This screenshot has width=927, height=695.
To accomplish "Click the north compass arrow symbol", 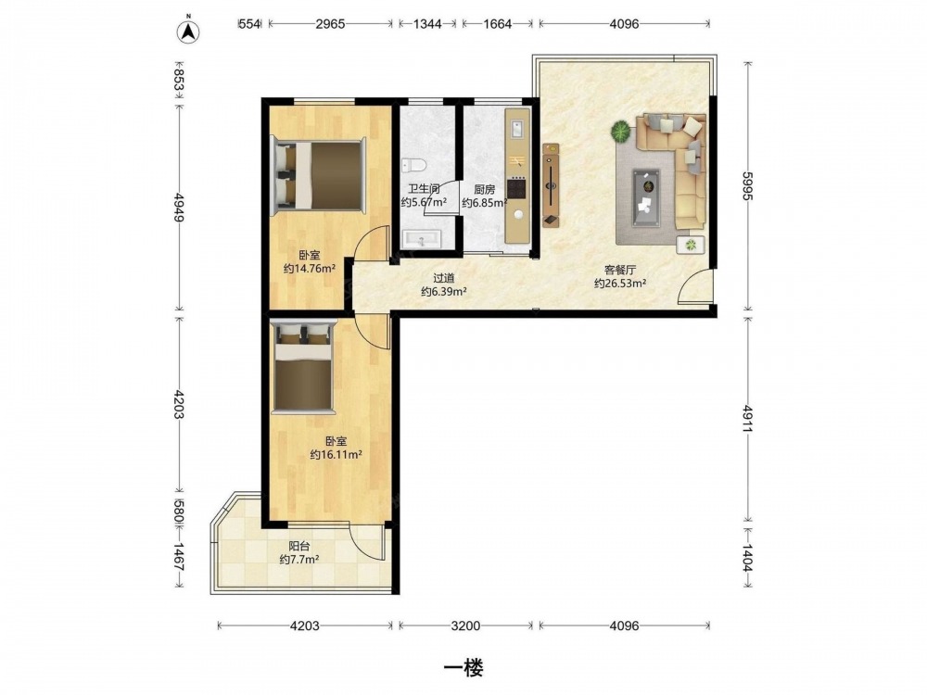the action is click(x=188, y=31).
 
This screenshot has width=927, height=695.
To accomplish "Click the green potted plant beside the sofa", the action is click(x=621, y=131).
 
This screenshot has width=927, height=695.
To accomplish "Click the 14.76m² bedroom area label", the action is click(x=310, y=269).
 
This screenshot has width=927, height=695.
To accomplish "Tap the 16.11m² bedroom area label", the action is click(x=337, y=454).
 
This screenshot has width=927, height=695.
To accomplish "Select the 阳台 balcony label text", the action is click(x=299, y=547).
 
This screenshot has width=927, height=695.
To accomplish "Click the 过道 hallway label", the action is click(x=444, y=278).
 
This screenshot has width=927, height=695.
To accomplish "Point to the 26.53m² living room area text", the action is click(x=619, y=283).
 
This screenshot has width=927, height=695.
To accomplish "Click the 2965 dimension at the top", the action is click(x=330, y=24).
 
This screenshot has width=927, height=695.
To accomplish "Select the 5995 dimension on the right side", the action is click(x=747, y=185).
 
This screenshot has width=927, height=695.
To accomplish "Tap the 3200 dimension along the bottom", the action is click(x=465, y=625).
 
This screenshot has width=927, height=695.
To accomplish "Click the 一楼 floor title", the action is click(x=464, y=668).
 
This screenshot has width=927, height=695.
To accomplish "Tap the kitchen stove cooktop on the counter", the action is click(x=516, y=188).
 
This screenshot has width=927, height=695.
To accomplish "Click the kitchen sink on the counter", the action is click(x=516, y=129).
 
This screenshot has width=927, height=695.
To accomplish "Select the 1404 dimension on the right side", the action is click(x=747, y=558).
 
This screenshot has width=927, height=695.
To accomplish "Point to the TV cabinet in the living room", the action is click(x=551, y=185).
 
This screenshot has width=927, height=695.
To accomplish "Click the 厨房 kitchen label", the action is click(x=484, y=190).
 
